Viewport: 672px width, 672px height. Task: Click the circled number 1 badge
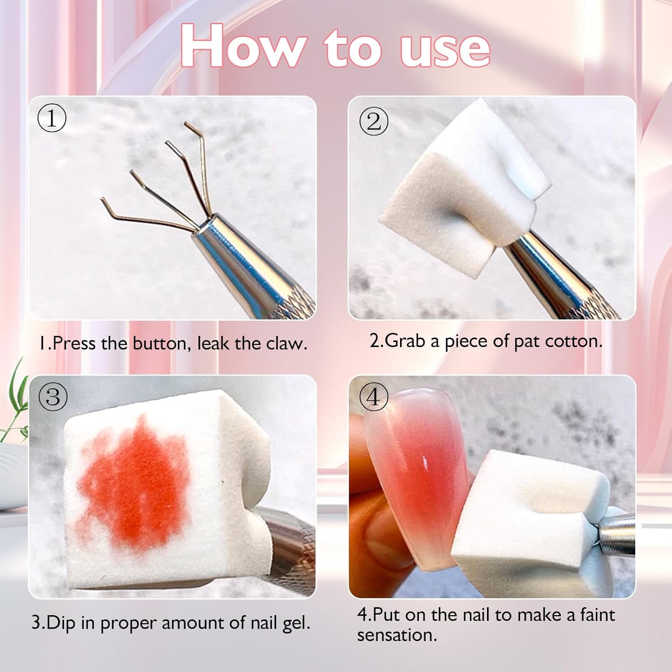click(x=52, y=118)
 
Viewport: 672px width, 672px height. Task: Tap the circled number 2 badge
click(x=374, y=121)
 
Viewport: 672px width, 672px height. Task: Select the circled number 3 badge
click(x=53, y=397)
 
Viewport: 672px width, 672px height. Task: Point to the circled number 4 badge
click(x=374, y=397)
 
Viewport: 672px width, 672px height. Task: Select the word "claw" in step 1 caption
click(x=287, y=344)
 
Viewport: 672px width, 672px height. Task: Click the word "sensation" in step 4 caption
click(x=397, y=635)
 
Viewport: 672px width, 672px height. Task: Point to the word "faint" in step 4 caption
click(x=598, y=614)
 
